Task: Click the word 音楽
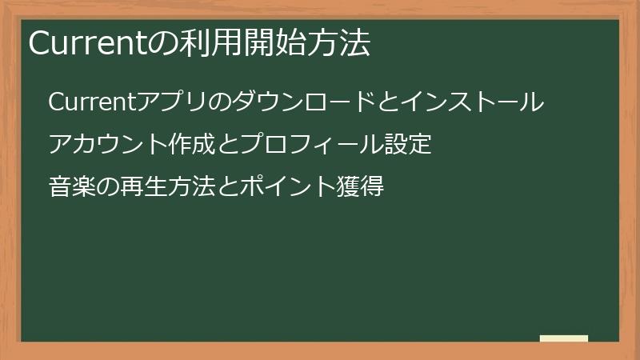[70, 187]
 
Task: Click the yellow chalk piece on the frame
[564, 338]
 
